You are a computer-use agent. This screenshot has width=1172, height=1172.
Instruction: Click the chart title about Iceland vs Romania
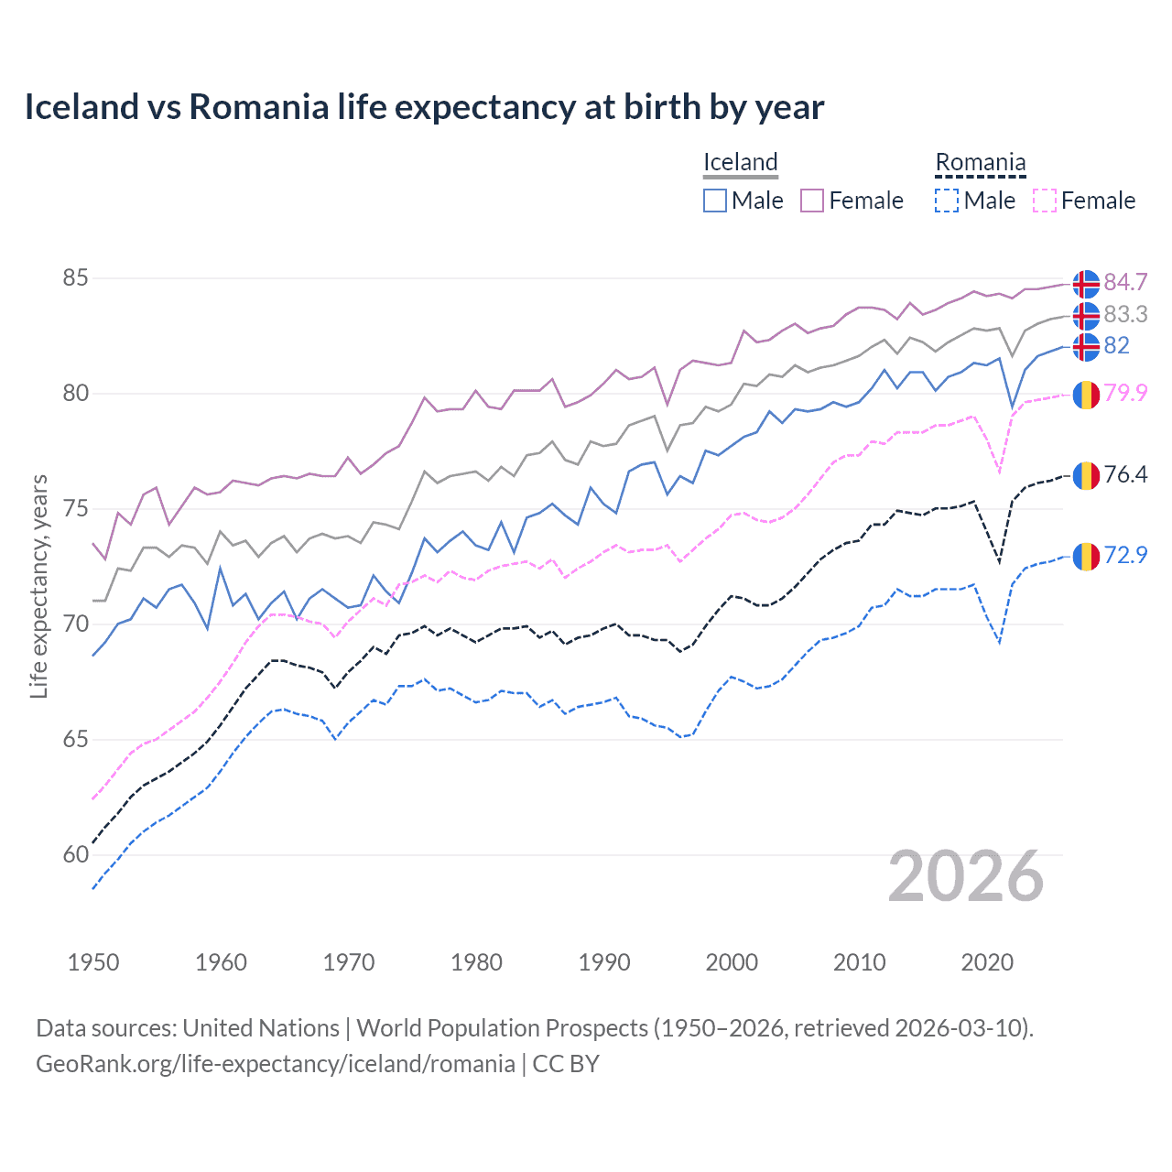(x=424, y=107)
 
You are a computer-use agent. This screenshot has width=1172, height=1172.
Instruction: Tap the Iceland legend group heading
(x=740, y=162)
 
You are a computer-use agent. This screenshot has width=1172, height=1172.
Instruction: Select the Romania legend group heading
(x=980, y=162)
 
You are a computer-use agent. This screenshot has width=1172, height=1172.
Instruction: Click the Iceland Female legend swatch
(x=812, y=201)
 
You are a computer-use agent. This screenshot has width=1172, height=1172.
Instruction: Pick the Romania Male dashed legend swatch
(x=947, y=201)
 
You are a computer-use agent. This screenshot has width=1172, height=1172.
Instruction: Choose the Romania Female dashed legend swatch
(x=1045, y=201)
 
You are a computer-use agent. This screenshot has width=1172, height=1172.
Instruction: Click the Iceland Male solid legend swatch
(x=715, y=201)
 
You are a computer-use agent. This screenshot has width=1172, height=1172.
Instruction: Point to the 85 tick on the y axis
(x=75, y=277)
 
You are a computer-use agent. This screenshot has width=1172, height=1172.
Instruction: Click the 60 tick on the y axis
(x=75, y=854)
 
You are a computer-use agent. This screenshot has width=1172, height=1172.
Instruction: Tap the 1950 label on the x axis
(x=93, y=962)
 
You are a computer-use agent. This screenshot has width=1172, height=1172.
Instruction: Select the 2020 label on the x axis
(x=987, y=962)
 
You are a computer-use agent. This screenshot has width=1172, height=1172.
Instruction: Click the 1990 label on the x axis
(x=604, y=962)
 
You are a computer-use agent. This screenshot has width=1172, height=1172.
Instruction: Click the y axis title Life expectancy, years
(x=39, y=586)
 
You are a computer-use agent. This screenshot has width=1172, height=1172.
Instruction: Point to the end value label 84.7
(x=1125, y=282)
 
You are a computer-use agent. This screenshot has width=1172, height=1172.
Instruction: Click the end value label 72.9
(x=1125, y=555)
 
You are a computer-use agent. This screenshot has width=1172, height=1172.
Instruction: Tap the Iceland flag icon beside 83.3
(x=1086, y=315)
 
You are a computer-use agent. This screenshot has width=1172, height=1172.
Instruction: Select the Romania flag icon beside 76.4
(x=1086, y=475)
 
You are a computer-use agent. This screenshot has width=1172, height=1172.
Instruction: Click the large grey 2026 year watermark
(x=966, y=876)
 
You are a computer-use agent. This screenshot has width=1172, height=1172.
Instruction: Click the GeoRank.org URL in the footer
(x=275, y=1063)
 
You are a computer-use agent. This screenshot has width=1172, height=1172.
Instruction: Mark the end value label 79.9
(x=1125, y=393)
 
